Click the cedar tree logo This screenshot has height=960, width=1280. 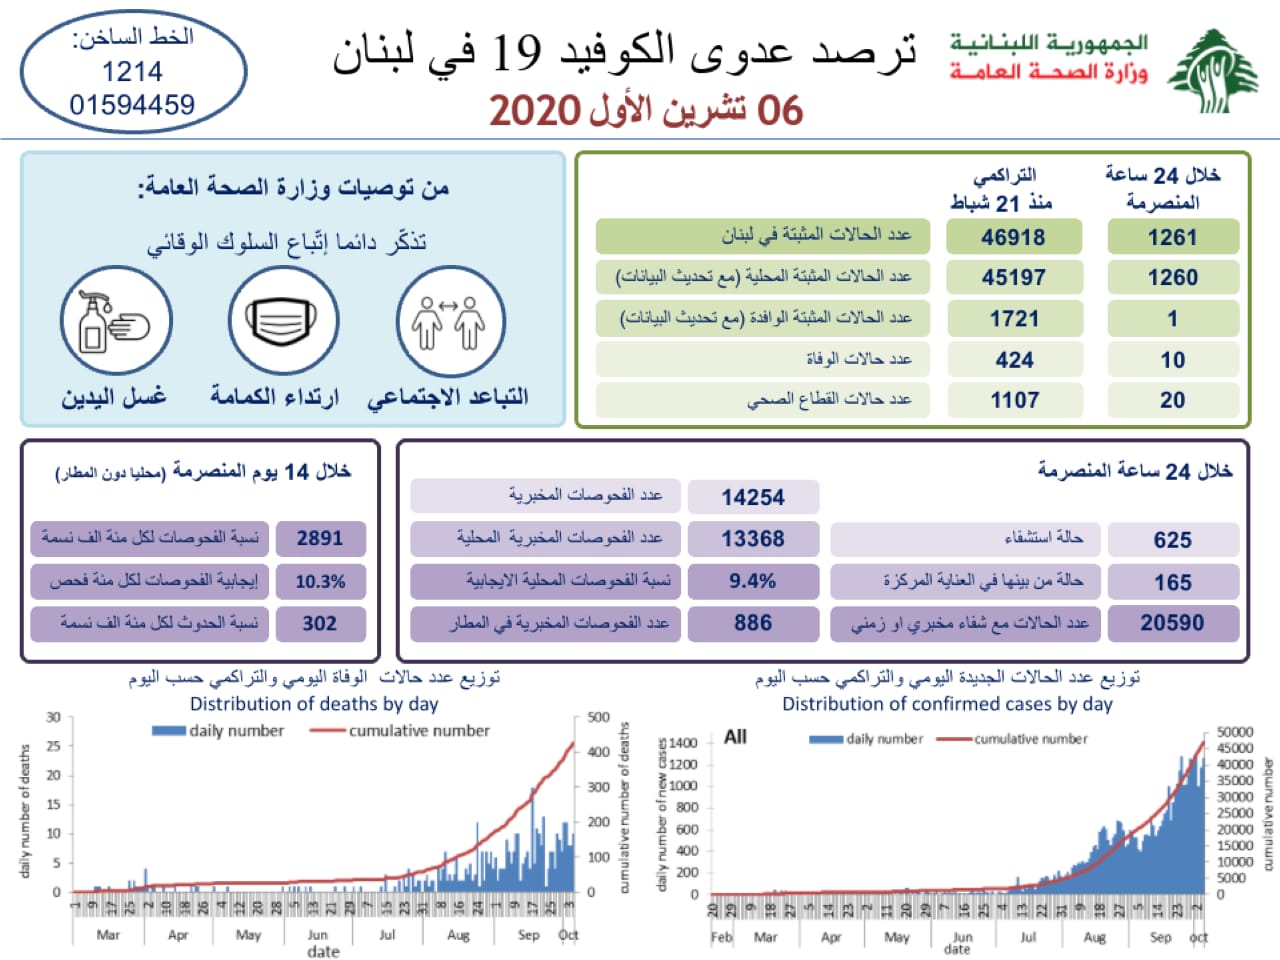pos(1213,72)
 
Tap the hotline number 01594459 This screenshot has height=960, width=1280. pos(132,105)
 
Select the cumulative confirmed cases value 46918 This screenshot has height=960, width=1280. pos(1013,237)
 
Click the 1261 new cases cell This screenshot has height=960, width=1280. pos(1172,237)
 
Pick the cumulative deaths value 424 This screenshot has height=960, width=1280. pos(1013,359)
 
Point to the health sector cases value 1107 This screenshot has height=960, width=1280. pos(1014,400)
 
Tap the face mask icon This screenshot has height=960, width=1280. pos(283,321)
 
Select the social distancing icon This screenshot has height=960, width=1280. pos(450,321)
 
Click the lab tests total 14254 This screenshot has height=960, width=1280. pos(753,497)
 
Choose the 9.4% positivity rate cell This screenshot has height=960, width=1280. pos(752,581)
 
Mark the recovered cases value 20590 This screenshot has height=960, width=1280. pos(1172,623)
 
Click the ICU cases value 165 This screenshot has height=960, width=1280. pos(1172,582)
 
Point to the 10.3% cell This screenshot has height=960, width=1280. pos(320,581)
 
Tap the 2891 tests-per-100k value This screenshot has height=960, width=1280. pos(320,538)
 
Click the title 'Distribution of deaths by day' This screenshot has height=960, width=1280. pos(314,704)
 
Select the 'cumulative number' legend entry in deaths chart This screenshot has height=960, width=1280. pos(419,731)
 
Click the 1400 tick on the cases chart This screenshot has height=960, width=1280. pos(683,743)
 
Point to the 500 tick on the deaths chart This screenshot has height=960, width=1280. pos(598,717)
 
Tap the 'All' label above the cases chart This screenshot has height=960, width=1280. pos(735,737)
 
